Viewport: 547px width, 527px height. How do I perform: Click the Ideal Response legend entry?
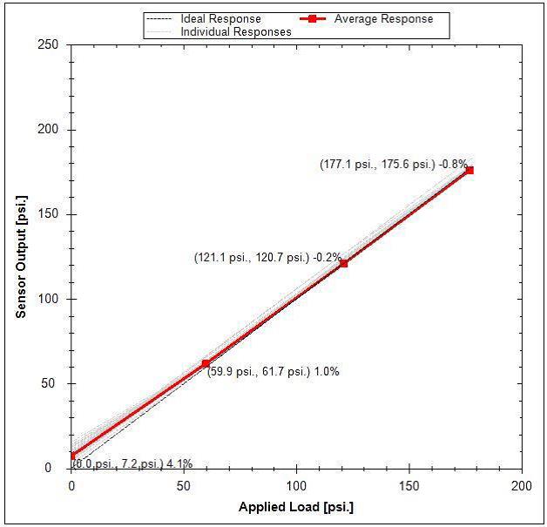click(x=220, y=18)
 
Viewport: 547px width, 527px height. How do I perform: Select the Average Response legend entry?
click(x=383, y=18)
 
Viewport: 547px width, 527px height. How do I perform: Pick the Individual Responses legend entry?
click(x=235, y=31)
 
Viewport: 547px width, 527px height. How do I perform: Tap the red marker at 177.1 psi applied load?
click(x=469, y=170)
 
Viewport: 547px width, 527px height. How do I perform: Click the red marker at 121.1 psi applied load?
click(x=344, y=263)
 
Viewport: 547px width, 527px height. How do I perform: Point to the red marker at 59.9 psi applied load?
click(x=206, y=363)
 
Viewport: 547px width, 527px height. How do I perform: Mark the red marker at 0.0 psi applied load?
click(x=72, y=456)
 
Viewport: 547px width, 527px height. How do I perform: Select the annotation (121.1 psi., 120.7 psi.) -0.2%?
click(x=267, y=257)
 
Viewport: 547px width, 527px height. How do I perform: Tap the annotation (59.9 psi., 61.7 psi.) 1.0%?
click(x=273, y=371)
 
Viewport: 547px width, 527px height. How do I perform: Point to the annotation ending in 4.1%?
click(x=132, y=463)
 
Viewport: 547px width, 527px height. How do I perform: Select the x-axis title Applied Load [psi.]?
click(x=296, y=507)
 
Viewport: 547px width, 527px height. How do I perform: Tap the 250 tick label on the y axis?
click(x=51, y=45)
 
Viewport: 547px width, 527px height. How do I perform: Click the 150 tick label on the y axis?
click(x=51, y=214)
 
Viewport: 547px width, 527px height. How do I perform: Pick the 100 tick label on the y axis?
click(x=51, y=299)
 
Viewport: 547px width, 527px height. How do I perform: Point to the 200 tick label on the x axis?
click(x=521, y=484)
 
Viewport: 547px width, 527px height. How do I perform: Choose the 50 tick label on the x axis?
click(x=184, y=484)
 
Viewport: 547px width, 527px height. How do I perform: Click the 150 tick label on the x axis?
click(x=409, y=484)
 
